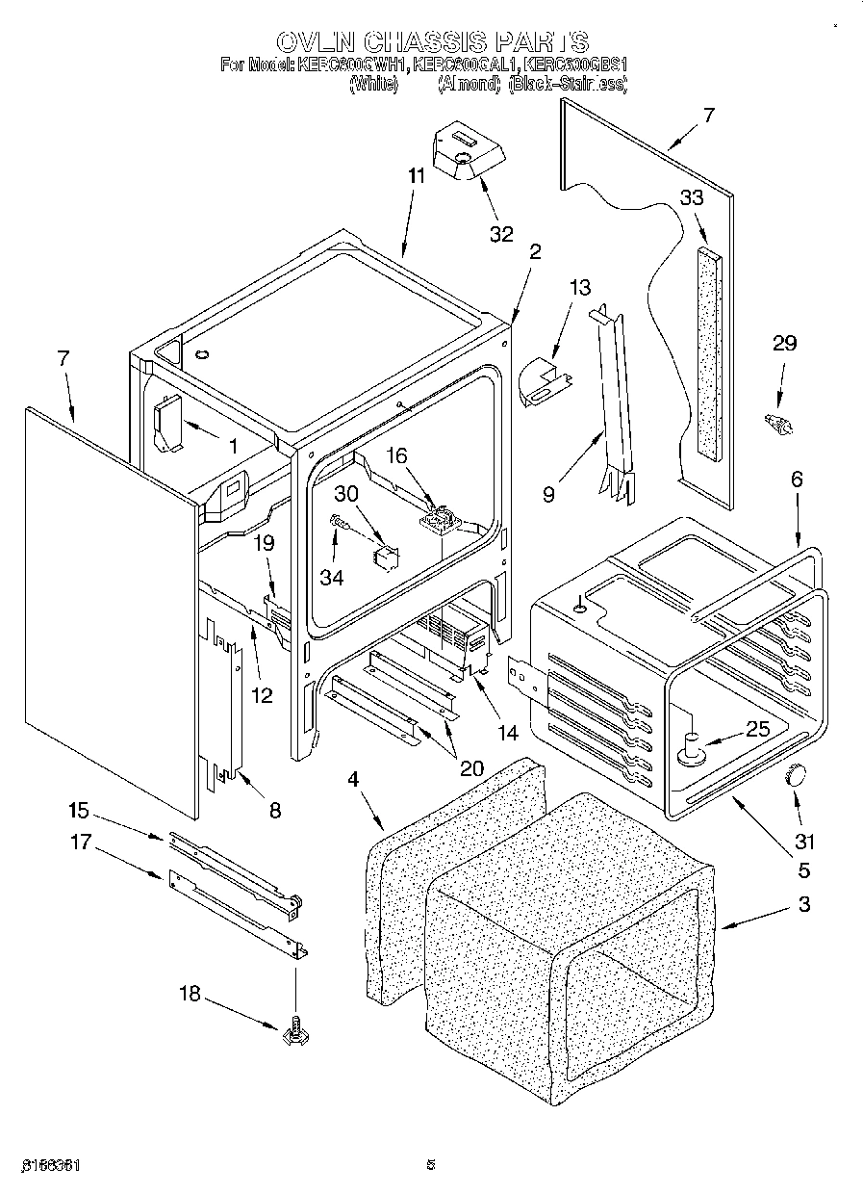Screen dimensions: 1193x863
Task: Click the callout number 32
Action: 500,233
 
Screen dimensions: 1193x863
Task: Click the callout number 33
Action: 692,197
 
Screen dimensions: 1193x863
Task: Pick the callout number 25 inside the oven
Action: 758,729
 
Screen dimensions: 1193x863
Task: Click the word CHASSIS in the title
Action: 424,41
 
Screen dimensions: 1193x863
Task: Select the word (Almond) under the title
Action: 469,85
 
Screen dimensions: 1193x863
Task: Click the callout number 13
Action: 580,287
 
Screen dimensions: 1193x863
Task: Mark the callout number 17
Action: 80,843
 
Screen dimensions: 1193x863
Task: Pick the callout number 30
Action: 345,492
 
